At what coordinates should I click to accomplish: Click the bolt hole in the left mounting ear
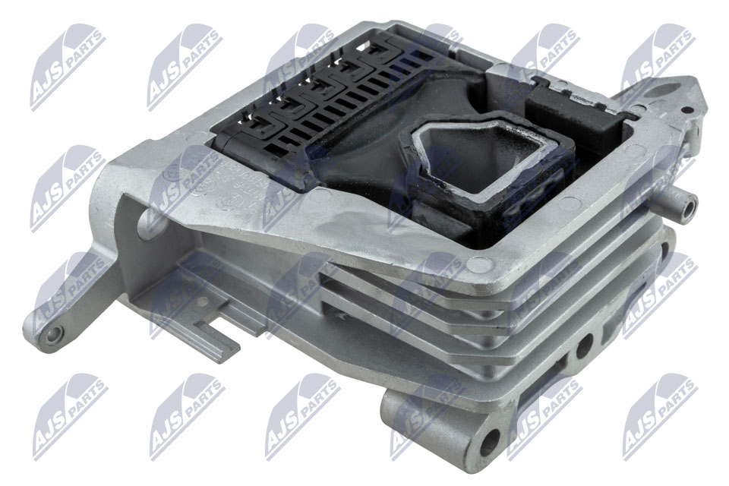coord(53,334)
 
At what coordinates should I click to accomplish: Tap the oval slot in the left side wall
coord(146,219)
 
